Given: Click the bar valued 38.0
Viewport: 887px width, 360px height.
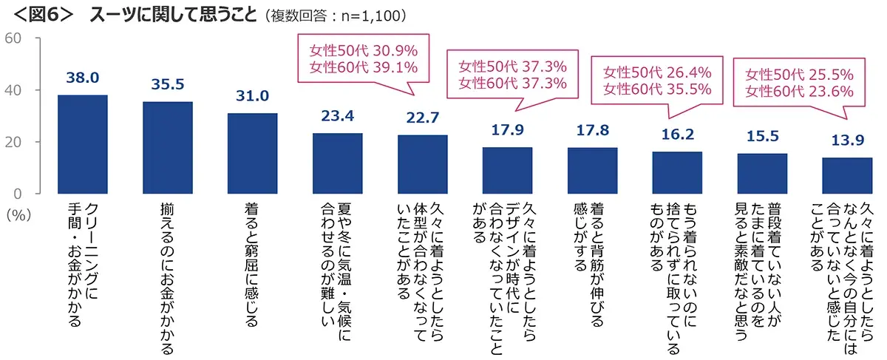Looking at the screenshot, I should coord(82,144).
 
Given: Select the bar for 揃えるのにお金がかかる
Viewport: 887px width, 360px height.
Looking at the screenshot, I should coord(167,147).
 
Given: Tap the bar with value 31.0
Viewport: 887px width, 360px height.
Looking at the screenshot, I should coord(252,153).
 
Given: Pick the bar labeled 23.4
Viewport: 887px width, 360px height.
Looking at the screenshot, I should coord(337,163).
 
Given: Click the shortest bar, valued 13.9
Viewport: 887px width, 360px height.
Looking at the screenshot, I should coord(847,175).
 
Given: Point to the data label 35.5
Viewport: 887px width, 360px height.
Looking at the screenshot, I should coord(167,84).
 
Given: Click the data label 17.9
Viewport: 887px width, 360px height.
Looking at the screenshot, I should coord(507,130).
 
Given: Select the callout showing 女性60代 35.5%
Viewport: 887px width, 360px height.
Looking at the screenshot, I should coord(657,89).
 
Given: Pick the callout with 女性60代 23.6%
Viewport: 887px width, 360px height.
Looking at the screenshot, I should coord(799,92).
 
